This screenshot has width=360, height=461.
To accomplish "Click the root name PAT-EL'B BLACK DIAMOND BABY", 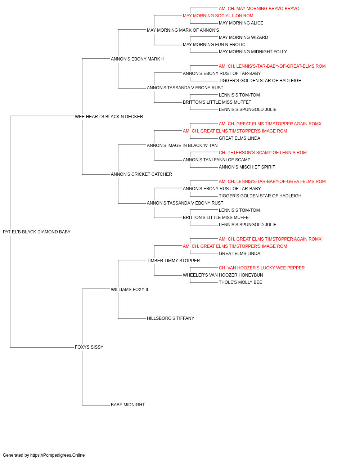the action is [x=37, y=232].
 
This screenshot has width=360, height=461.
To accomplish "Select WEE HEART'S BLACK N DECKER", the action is [x=109, y=117].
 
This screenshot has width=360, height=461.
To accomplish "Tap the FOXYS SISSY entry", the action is [x=89, y=347].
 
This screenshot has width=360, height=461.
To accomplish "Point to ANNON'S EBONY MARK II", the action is [x=137, y=59].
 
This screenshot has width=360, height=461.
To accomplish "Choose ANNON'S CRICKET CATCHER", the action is [x=141, y=174].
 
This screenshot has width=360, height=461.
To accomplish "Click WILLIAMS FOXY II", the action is [x=129, y=289].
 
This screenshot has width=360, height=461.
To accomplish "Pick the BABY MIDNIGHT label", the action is [x=128, y=404].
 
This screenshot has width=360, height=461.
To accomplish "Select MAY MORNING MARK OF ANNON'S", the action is [x=183, y=30].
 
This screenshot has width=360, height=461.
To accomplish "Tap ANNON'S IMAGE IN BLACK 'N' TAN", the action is [x=182, y=145].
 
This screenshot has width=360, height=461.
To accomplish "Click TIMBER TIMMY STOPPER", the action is [x=173, y=260].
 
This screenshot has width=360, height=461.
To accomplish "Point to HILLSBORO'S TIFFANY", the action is [x=170, y=318].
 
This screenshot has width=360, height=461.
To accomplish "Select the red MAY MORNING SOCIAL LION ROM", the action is [x=218, y=16].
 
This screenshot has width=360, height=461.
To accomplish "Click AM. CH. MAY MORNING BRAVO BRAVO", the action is [x=259, y=9].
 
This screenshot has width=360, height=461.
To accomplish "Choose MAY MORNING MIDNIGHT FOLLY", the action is [x=253, y=52].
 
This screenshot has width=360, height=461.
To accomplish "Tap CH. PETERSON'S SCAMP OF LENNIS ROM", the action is [x=263, y=153].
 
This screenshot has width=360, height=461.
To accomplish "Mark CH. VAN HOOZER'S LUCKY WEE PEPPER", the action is [x=262, y=268].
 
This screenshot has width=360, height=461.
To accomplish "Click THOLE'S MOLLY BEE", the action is [x=240, y=282].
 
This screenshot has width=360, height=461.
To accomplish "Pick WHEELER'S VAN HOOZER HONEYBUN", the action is [x=223, y=275].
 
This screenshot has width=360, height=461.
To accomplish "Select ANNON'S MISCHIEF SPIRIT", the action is [x=247, y=167].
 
